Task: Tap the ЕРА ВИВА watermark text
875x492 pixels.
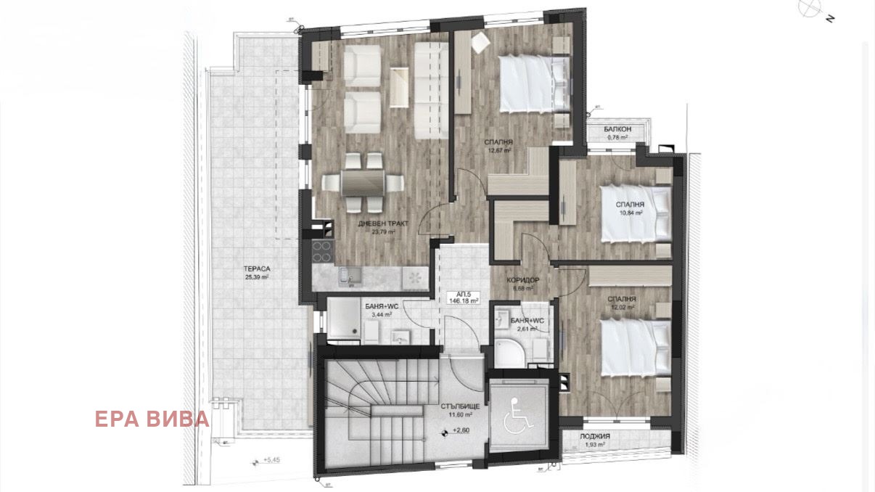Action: click(152, 419)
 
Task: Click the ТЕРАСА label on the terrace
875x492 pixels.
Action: click(257, 268)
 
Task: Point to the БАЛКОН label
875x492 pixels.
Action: click(617, 129)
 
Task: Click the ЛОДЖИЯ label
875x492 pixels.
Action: click(595, 436)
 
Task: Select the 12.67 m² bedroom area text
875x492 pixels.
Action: click(499, 151)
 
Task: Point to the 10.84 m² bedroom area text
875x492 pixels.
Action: click(631, 214)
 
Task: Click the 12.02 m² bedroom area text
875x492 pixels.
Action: click(622, 308)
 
